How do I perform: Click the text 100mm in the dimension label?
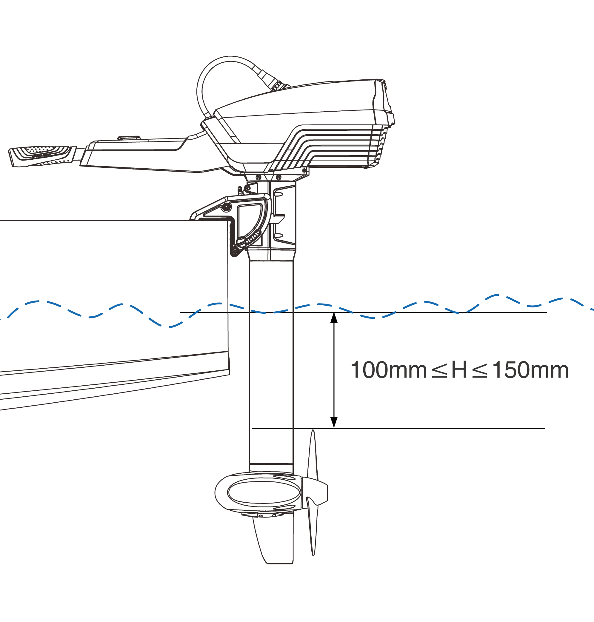[389, 370]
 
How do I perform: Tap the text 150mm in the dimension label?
[530, 370]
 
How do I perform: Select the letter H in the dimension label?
[459, 370]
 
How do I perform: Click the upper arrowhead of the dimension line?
[334, 318]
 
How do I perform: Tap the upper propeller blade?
[313, 455]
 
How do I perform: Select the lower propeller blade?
[312, 526]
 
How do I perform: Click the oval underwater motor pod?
[258, 492]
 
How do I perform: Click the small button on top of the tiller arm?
[129, 138]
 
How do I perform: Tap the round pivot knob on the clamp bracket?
[226, 207]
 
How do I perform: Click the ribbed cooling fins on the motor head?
[333, 146]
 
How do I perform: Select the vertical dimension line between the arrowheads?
[334, 370]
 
